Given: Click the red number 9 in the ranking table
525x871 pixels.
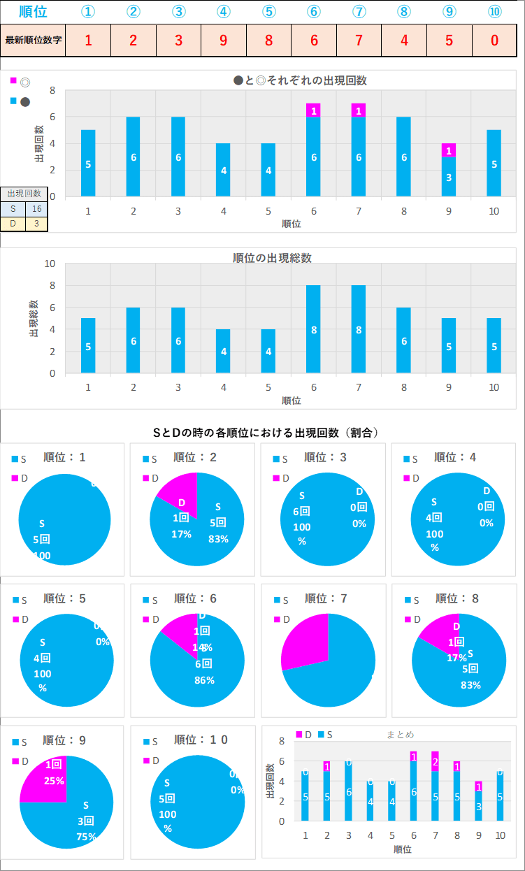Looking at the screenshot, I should (224, 40).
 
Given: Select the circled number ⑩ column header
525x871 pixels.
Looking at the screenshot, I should (494, 12).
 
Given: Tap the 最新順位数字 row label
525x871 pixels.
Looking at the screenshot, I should (34, 40).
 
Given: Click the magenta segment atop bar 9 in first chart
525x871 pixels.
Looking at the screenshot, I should (449, 150).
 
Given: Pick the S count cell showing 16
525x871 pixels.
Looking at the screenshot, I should (36, 208).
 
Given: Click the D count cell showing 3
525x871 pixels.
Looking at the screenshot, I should (36, 224).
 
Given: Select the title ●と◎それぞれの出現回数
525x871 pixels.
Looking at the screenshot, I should (300, 80).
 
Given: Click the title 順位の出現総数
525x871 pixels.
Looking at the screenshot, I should (272, 258).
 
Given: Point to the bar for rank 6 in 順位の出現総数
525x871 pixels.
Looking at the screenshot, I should (313, 329).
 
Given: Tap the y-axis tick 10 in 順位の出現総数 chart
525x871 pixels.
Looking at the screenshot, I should (50, 264).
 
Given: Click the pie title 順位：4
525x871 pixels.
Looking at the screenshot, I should (455, 457).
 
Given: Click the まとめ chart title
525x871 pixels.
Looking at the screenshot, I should (401, 735).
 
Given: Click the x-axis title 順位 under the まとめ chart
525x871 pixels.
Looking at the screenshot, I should (402, 849).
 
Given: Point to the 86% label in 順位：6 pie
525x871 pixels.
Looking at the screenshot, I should (204, 679).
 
